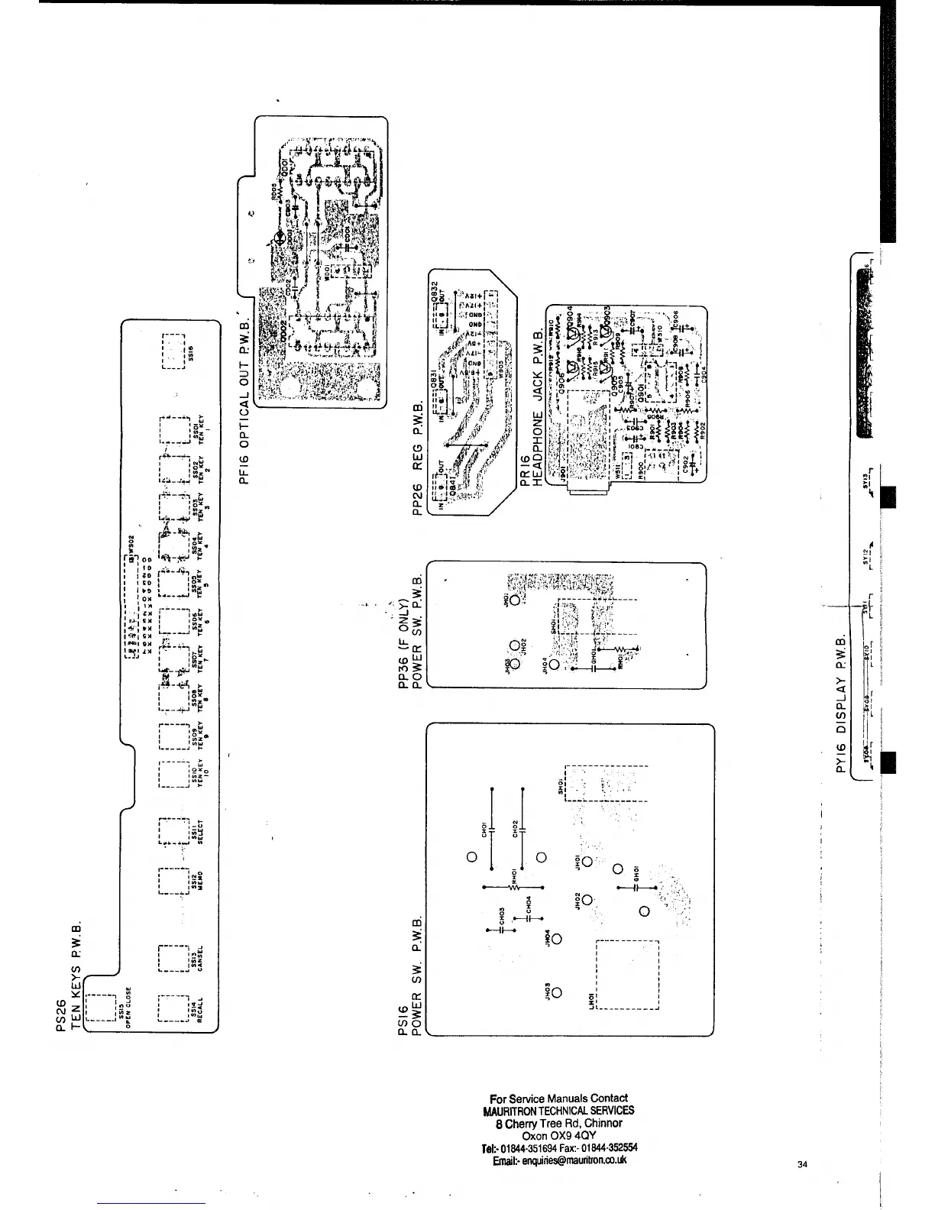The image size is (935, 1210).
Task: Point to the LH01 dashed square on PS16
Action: [x=627, y=975]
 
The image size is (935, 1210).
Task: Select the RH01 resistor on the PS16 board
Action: [x=514, y=886]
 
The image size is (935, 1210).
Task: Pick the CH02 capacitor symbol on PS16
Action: [x=523, y=828]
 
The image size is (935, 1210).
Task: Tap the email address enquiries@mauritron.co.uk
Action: [x=560, y=1160]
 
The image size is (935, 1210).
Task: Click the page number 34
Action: [x=801, y=1164]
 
